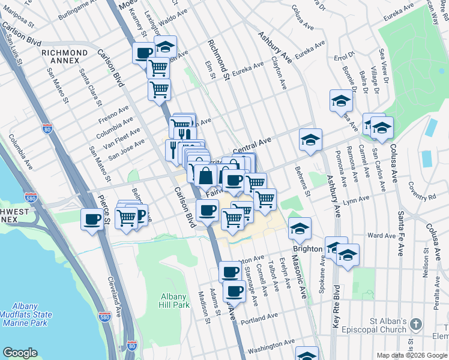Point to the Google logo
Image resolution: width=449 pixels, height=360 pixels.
(21, 353)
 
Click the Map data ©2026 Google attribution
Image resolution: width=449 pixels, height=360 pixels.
(411, 355)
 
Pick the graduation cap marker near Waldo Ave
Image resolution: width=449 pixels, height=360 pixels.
(165, 46)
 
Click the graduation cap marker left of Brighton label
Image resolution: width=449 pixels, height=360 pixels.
(300, 229)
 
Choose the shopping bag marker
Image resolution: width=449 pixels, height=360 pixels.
(205, 176)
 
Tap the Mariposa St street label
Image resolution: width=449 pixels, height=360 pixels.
(18, 5)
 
